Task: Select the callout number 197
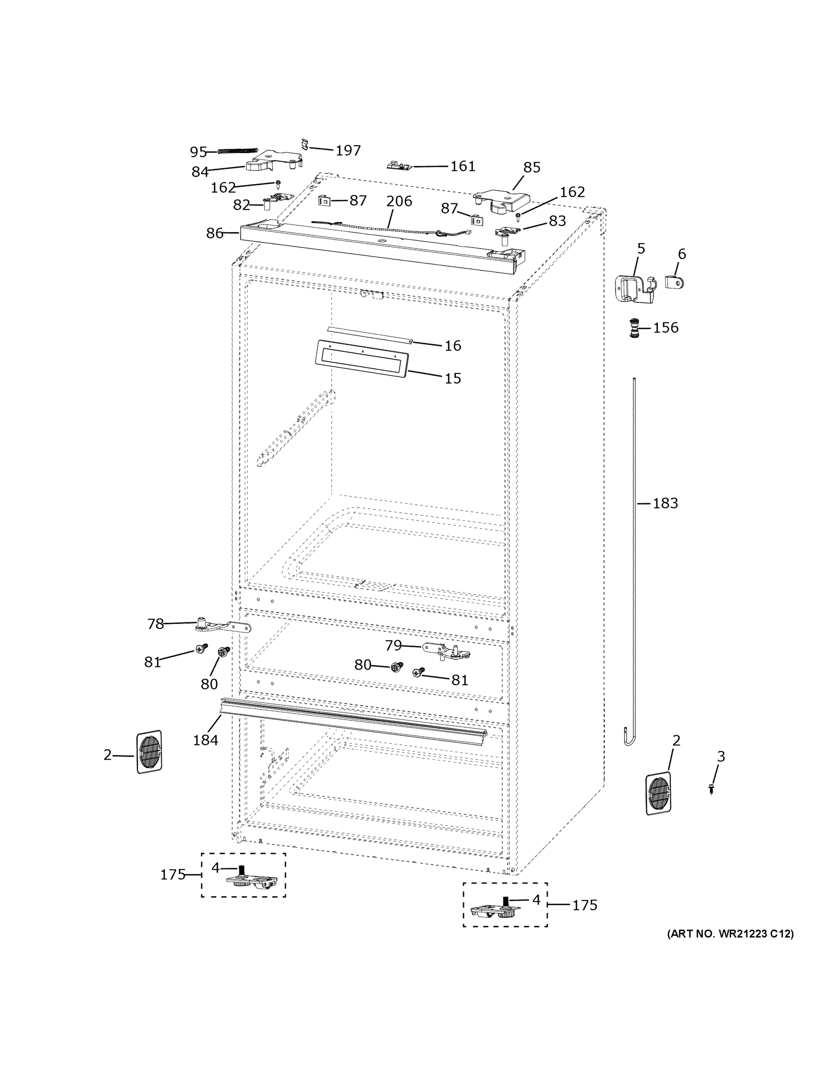(x=348, y=150)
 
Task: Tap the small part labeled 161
(x=399, y=165)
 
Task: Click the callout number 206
(x=399, y=201)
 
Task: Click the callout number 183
(x=665, y=503)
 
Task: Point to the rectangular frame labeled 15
(x=361, y=359)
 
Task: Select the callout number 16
(x=453, y=346)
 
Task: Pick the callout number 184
(x=205, y=740)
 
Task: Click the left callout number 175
(x=173, y=875)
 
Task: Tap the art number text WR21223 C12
(x=730, y=934)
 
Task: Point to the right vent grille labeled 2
(x=658, y=794)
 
